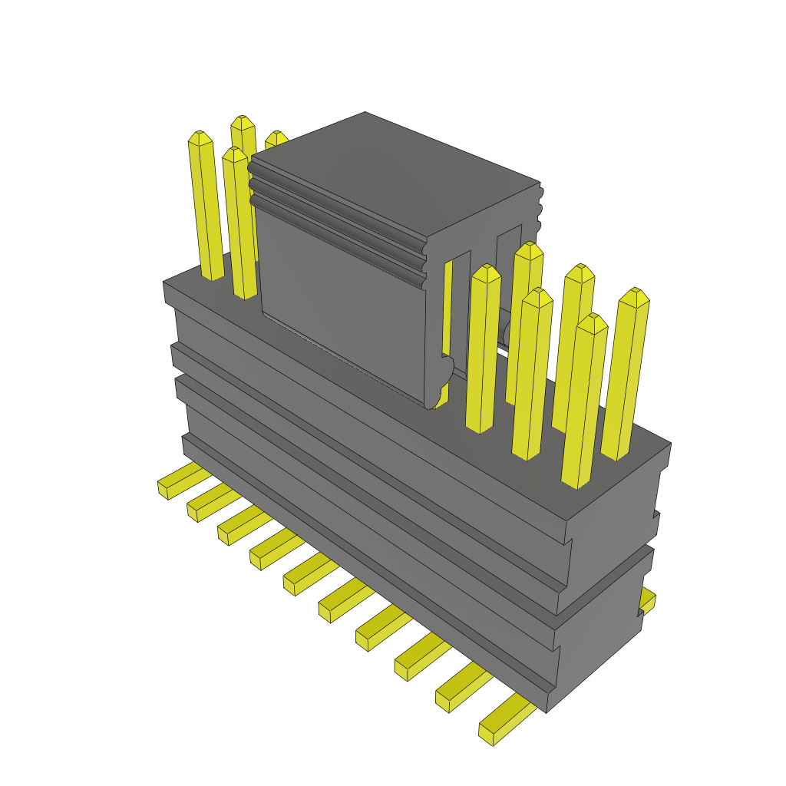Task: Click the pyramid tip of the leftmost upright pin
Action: pyautogui.click(x=200, y=138)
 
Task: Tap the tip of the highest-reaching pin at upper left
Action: pyautogui.click(x=243, y=123)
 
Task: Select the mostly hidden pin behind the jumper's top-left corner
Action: pyautogui.click(x=274, y=139)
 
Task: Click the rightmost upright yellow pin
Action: pyautogui.click(x=626, y=376)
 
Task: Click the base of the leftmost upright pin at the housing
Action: pyautogui.click(x=213, y=272)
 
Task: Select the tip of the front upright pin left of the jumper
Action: pyautogui.click(x=234, y=154)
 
